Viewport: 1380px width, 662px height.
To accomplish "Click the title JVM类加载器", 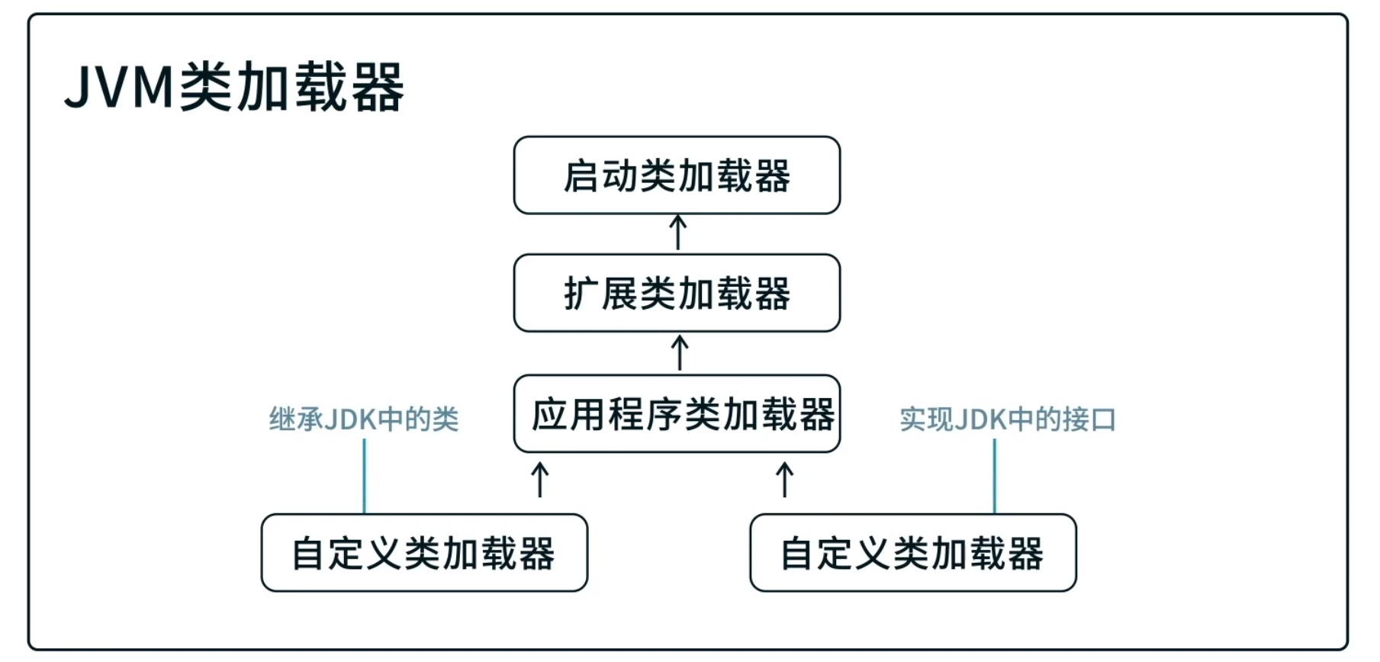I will tap(234, 88).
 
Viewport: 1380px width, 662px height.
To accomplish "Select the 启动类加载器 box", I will tap(677, 175).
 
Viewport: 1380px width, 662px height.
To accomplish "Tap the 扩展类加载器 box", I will tap(677, 293).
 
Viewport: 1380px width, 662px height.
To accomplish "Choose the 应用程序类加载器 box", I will tap(677, 413).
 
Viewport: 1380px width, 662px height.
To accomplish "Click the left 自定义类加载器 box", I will tap(424, 553).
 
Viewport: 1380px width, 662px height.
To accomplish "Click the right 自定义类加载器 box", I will tap(913, 553).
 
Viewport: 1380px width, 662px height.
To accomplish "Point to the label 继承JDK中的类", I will tap(364, 419).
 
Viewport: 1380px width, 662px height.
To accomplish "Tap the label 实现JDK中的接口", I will tap(1007, 419).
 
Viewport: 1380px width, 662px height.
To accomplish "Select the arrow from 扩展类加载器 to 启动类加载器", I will tap(677, 233).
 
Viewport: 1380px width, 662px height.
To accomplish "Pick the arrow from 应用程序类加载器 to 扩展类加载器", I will tap(680, 353).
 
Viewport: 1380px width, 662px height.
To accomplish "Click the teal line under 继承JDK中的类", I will tap(365, 477).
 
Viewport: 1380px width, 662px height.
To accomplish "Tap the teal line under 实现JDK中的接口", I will tap(995, 477).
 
